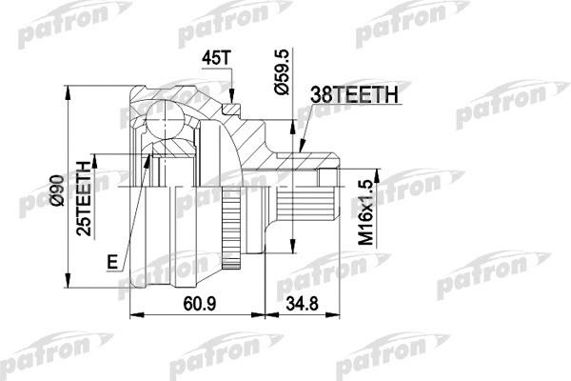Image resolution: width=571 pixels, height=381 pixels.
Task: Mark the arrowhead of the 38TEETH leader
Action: pyautogui.click(x=302, y=150)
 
